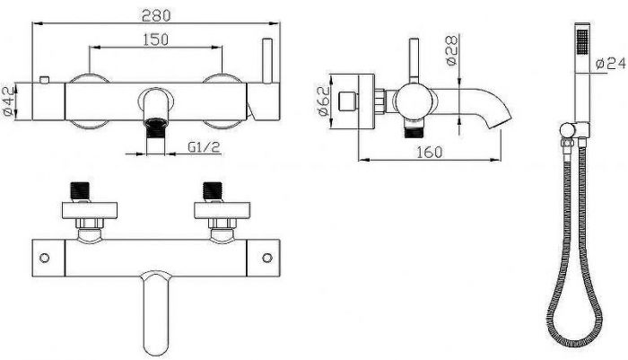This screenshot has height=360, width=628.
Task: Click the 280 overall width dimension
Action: click(156, 15)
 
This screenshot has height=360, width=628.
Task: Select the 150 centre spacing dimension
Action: click(156, 40)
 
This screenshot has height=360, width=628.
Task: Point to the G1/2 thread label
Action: click(204, 147)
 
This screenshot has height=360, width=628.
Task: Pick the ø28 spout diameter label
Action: click(451, 50)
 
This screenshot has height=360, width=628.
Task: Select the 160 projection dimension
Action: click(430, 153)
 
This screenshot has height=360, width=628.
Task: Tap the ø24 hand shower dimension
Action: click(610, 64)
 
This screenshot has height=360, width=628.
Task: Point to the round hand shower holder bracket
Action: click(567, 130)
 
